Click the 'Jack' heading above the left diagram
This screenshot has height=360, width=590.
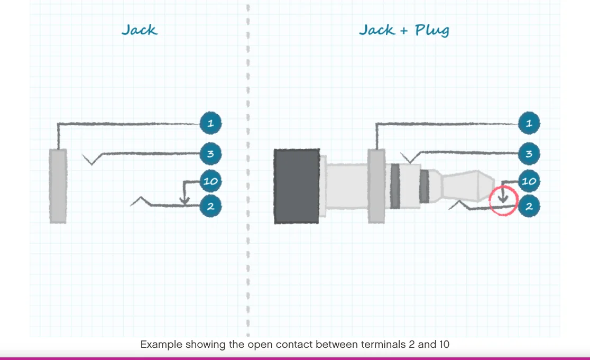pos(139,30)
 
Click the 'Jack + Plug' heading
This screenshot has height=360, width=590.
pos(404,30)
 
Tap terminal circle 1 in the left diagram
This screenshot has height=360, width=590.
pos(210,124)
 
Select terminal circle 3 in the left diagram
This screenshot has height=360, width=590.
pos(210,154)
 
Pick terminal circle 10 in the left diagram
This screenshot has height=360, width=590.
pos(210,181)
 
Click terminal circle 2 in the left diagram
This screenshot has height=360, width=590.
pos(210,206)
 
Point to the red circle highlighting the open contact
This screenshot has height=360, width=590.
pos(503,201)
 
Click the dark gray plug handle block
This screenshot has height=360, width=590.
pos(297,186)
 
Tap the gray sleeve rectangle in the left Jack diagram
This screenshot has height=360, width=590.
pos(58,186)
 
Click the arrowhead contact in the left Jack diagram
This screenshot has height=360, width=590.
pos(185,201)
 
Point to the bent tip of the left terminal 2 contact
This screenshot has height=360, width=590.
pos(139,199)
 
